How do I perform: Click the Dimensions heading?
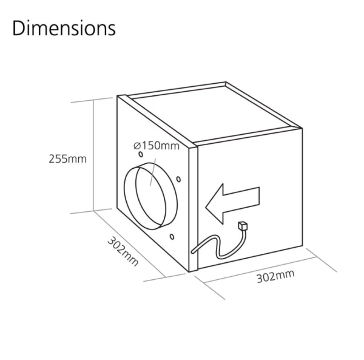pyautogui.click(x=63, y=28)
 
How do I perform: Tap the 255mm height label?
pyautogui.click(x=67, y=160)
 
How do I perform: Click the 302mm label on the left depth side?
pyautogui.click(x=123, y=250)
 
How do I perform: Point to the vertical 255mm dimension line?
pyautogui.click(x=94, y=158)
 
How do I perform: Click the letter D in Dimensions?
pyautogui.click(x=19, y=28)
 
